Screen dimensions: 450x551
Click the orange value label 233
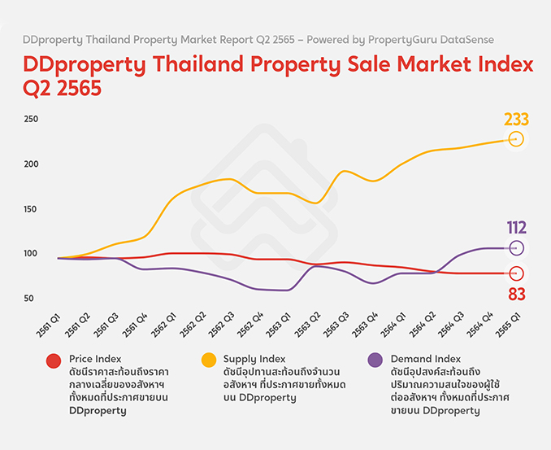click(x=516, y=120)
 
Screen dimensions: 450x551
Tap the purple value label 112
click(x=516, y=228)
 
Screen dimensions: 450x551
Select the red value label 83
click(x=516, y=293)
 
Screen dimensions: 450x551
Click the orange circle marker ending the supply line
click(x=516, y=139)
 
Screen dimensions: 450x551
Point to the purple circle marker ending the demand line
click(x=516, y=247)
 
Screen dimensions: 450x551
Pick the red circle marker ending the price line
click(x=516, y=273)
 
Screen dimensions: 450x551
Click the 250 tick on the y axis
click(x=31, y=119)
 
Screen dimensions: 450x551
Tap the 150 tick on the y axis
click(x=31, y=208)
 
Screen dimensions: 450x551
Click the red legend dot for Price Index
click(x=54, y=360)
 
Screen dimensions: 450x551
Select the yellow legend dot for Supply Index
click(x=209, y=360)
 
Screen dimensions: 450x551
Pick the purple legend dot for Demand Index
click(x=375, y=360)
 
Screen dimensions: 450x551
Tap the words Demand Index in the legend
click(x=426, y=358)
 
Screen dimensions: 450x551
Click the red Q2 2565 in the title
click(x=63, y=89)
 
